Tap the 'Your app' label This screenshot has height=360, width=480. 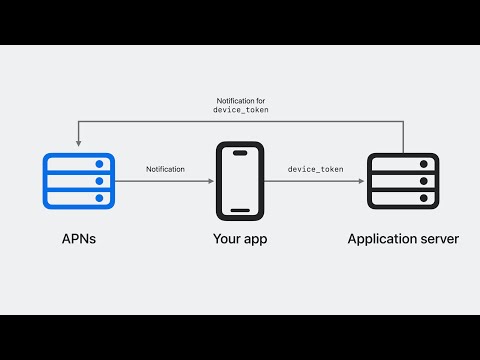(x=240, y=239)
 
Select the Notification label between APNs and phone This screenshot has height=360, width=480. (x=165, y=170)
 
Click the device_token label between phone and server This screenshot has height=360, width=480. (x=315, y=170)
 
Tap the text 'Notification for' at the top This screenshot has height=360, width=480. (x=240, y=101)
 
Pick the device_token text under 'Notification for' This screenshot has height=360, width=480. (x=240, y=110)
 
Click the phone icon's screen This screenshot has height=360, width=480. (x=240, y=181)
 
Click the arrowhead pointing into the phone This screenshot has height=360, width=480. (x=210, y=181)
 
